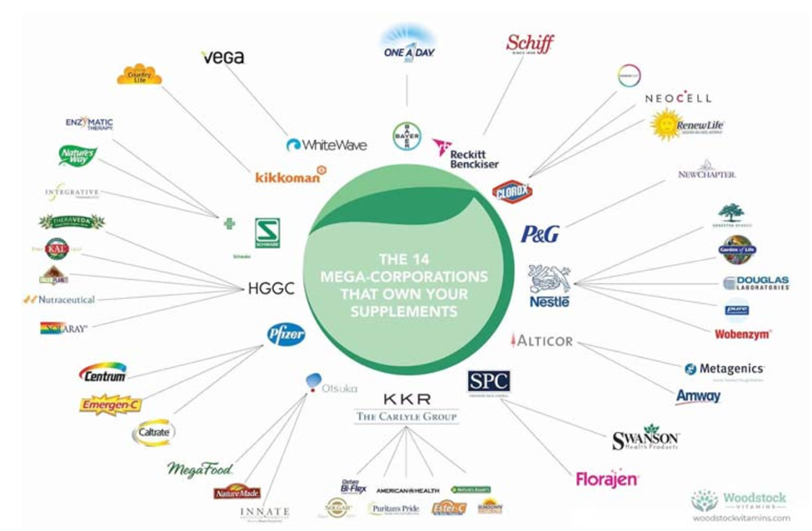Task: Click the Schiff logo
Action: tap(530, 44)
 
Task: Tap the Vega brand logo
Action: tap(222, 57)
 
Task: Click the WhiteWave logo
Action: tap(326, 145)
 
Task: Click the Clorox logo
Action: tap(511, 192)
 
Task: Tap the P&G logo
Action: tap(540, 234)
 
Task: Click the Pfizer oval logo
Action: tap(286, 335)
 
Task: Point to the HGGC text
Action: tap(271, 289)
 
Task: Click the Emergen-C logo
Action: tap(111, 405)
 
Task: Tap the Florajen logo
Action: tap(607, 479)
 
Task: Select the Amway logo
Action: tap(698, 396)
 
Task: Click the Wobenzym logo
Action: tap(742, 334)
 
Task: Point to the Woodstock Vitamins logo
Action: tap(740, 504)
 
